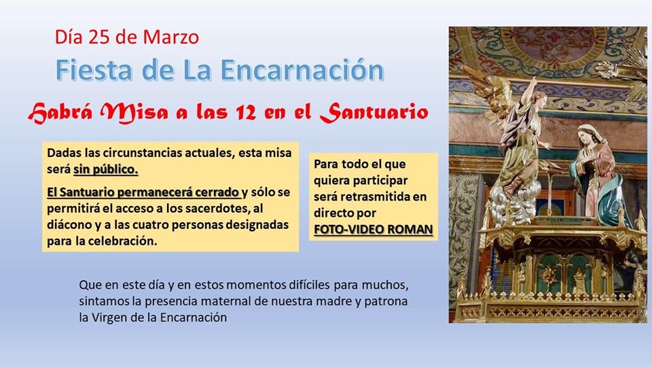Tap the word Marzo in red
171,37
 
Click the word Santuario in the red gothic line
374,111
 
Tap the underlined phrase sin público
106,170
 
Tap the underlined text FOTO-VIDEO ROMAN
374,229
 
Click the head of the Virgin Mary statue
587,135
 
